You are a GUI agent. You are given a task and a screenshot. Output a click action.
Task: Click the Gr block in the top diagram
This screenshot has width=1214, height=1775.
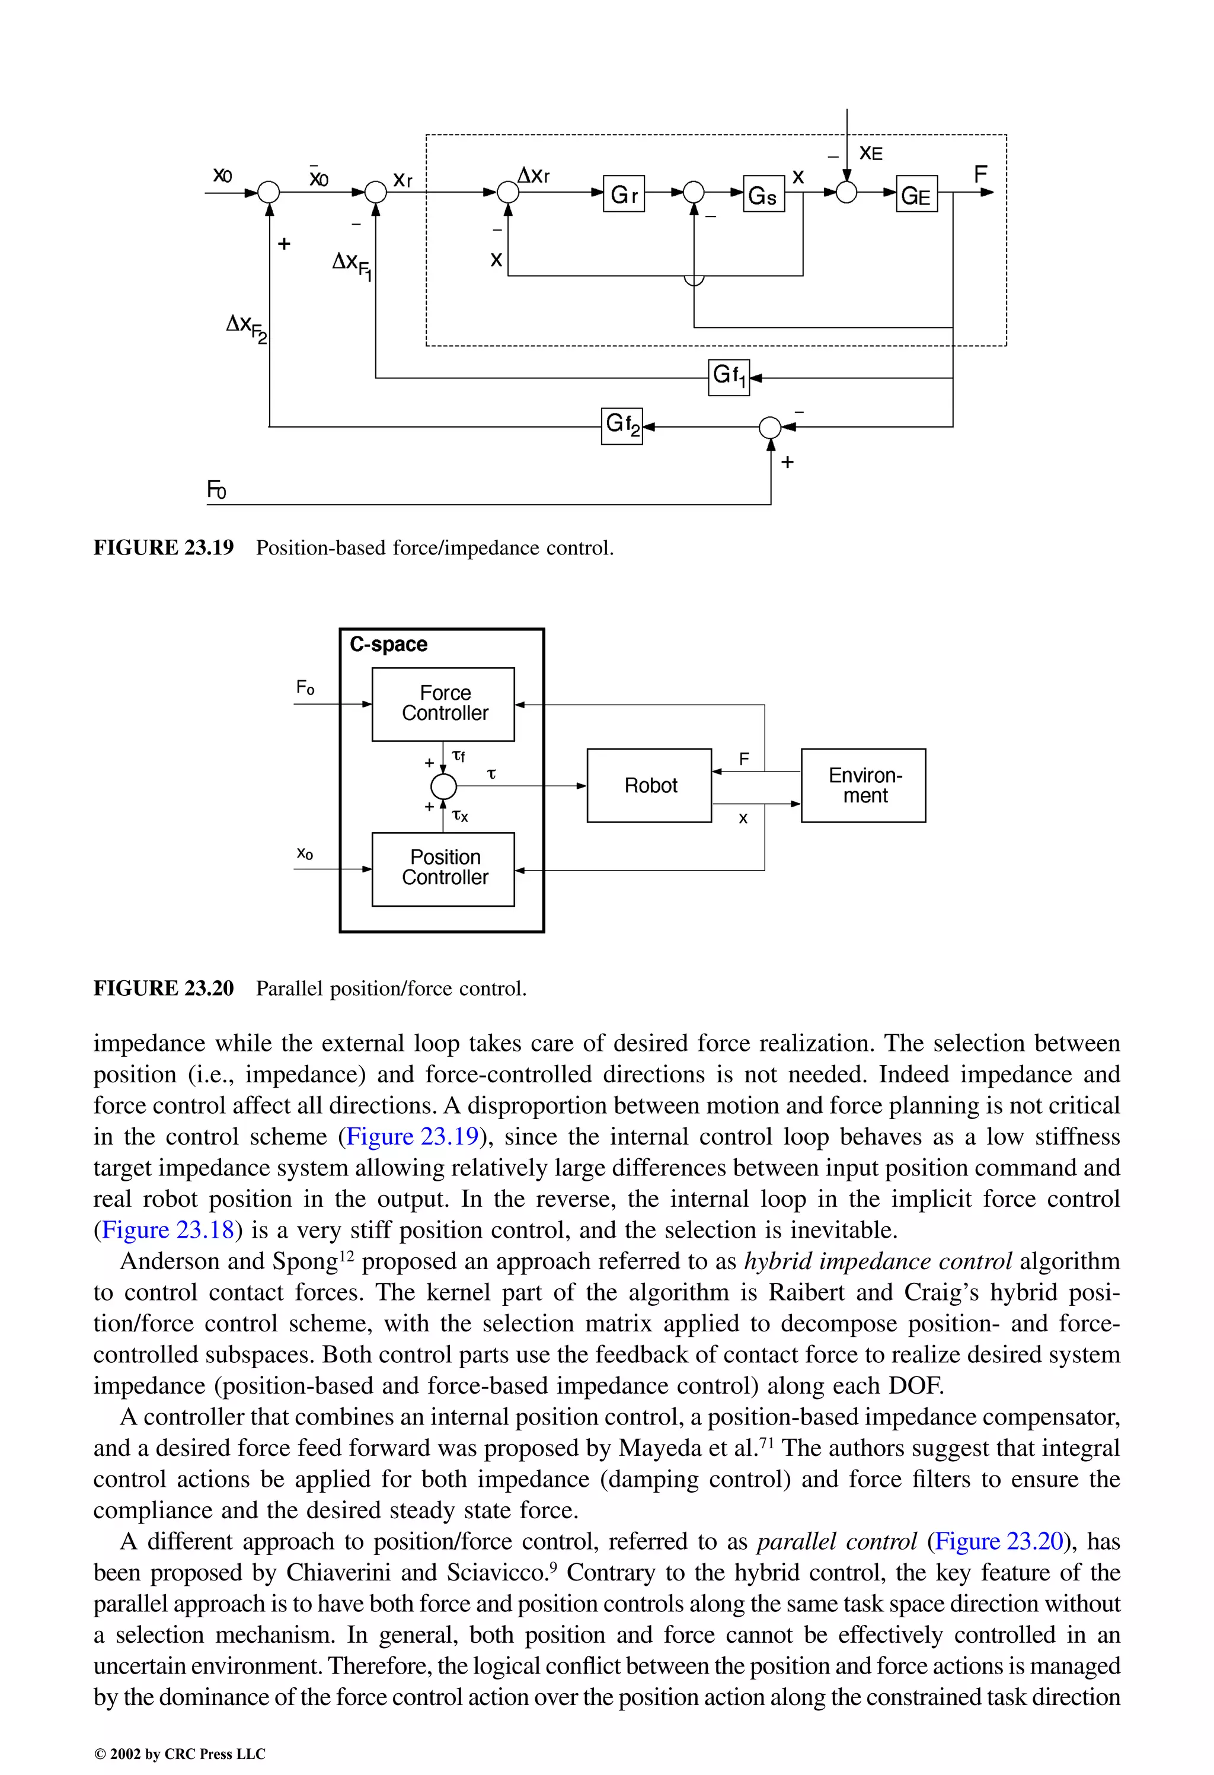pos(623,194)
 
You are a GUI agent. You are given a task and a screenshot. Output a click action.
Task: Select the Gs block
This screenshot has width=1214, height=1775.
pos(763,194)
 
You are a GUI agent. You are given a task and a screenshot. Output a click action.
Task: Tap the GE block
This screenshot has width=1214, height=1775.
pos(916,194)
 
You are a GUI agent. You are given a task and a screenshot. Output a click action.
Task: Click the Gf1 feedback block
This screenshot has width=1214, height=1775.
pos(729,377)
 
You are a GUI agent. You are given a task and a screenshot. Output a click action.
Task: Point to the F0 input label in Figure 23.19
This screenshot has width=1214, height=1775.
pos(217,490)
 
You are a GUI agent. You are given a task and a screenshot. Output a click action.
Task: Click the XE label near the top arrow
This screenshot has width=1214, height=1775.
pos(870,154)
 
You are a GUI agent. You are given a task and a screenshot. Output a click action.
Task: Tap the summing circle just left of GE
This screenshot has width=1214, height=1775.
pos(846,193)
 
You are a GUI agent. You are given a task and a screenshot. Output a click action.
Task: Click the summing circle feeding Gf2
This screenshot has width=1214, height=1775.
pos(771,427)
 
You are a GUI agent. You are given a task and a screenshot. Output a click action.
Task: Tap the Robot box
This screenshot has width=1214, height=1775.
pos(649,785)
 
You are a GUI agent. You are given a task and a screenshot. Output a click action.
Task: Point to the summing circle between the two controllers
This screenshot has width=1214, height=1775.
pos(443,785)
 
